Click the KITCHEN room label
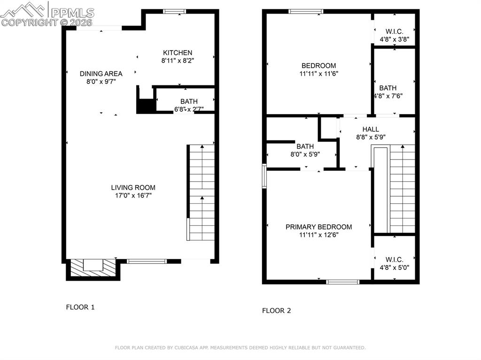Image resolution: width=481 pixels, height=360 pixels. (177, 53)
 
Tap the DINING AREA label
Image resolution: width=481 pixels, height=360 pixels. (101, 74)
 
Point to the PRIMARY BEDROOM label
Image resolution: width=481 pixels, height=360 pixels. (318, 227)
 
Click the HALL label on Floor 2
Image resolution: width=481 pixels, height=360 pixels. (370, 130)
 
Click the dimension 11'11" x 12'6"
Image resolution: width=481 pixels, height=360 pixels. (318, 235)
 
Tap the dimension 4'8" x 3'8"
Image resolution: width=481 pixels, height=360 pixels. (394, 40)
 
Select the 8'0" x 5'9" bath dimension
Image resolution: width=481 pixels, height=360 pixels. (305, 154)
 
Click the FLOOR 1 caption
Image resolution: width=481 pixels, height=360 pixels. (80, 307)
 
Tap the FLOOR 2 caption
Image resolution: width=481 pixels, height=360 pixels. (276, 311)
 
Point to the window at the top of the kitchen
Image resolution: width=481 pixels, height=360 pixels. (174, 12)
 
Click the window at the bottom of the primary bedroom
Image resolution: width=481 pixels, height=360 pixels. (342, 282)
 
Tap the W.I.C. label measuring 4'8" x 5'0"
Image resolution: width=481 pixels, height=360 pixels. (394, 260)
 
